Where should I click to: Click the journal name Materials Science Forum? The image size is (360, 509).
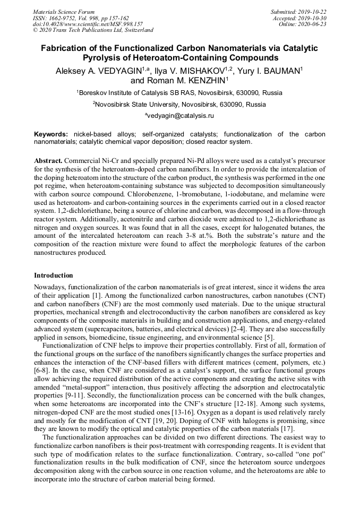tap(64, 12)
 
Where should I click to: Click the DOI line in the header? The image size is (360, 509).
tap(88, 24)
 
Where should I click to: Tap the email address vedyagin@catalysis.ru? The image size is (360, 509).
tap(181, 115)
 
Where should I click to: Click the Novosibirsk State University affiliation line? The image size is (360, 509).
tap(179, 104)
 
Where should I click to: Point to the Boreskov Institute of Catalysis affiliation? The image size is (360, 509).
tap(179, 93)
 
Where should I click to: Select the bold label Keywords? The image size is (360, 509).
tap(51, 134)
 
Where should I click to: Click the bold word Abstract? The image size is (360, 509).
tap(48, 160)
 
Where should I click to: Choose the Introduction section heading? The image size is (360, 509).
tap(54, 275)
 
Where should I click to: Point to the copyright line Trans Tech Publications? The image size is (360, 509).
tap(93, 30)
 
